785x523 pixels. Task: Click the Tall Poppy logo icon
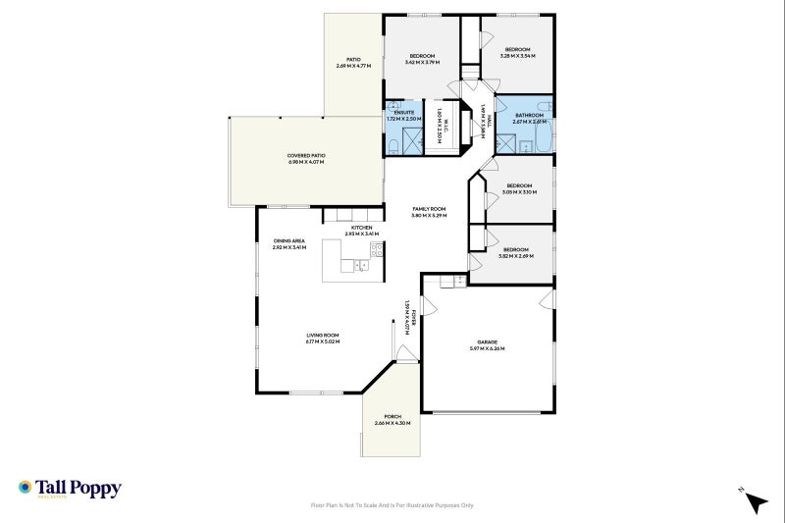coord(26,487)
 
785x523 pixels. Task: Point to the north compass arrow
coord(754,501)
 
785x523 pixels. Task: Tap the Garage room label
coord(487,342)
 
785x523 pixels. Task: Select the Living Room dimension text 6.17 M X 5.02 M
coord(322,341)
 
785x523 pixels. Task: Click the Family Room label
coord(429,209)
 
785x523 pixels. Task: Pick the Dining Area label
coord(289,240)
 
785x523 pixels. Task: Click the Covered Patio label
coord(306,155)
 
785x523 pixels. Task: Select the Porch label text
coord(392,416)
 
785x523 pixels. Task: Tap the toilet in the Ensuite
coord(392,146)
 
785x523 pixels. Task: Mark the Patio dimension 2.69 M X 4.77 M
coord(353,66)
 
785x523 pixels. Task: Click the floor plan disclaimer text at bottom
coord(392,505)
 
